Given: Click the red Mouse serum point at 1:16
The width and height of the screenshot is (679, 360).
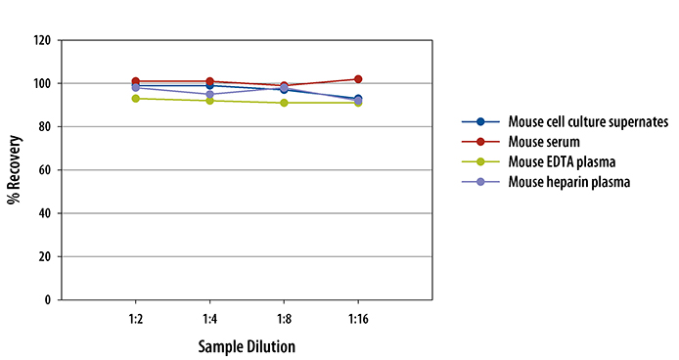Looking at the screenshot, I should [358, 79].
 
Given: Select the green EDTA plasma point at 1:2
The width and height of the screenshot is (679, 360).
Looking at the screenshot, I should [135, 99].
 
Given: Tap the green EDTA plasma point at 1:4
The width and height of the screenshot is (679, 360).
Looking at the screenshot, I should [209, 101].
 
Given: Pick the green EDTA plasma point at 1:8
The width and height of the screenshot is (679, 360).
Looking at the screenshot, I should [284, 103].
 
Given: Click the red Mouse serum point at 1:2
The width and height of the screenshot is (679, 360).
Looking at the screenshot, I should [135, 81].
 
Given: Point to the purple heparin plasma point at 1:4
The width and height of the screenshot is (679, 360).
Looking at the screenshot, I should [209, 95].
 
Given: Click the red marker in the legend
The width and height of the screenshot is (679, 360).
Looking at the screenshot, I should [480, 141].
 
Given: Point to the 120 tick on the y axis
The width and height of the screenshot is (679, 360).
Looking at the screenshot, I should [42, 41].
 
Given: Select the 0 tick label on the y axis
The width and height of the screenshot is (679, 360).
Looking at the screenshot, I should [48, 299].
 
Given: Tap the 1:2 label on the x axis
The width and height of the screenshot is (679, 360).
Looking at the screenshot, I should [135, 319].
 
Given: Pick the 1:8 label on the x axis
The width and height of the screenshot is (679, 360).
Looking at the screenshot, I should [284, 319].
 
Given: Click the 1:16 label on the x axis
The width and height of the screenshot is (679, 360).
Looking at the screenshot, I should [358, 319].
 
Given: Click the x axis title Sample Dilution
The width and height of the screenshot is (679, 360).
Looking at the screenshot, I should [247, 346].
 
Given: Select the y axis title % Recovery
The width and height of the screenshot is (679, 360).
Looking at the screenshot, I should [15, 170].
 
